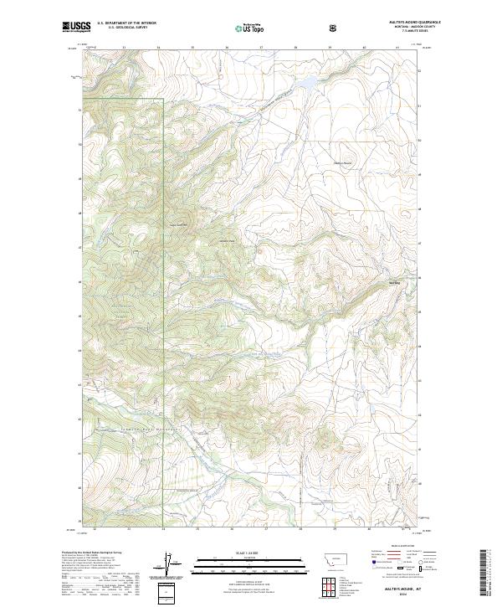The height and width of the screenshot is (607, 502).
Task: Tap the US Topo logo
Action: coord(243,28)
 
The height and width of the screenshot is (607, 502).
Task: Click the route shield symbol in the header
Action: coord(334,28)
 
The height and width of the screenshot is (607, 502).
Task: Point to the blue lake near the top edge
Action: coord(307,82)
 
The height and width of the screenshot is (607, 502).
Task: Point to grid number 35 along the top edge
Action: coord(192,48)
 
